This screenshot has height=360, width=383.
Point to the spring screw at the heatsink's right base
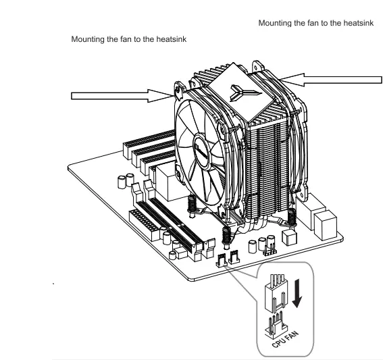click(x=292, y=215)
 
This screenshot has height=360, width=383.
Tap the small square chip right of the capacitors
click(x=290, y=238)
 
